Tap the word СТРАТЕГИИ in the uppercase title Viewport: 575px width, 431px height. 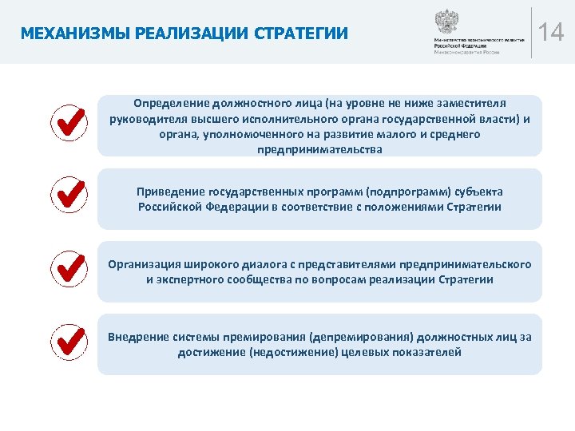pyautogui.click(x=301, y=34)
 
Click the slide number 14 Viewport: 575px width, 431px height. pyautogui.click(x=551, y=33)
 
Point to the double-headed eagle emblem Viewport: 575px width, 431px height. pyautogui.click(x=444, y=21)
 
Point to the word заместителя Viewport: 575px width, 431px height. pyautogui.click(x=473, y=103)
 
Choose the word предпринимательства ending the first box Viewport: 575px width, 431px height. pyautogui.click(x=319, y=149)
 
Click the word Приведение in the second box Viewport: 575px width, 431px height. pyautogui.click(x=170, y=192)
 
